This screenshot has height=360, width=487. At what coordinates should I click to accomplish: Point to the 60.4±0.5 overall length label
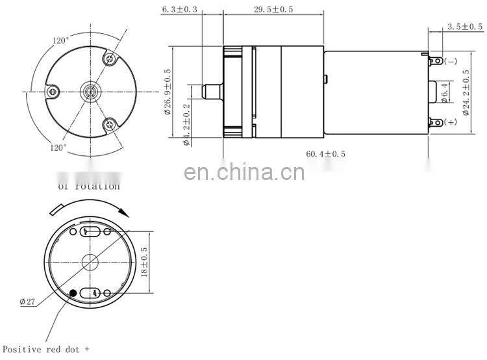tap(326, 154)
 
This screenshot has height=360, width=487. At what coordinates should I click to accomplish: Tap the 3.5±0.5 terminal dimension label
tap(465, 27)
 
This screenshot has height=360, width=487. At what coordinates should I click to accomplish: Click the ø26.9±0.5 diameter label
tap(168, 92)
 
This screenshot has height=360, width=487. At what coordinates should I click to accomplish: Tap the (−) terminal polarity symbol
tap(451, 61)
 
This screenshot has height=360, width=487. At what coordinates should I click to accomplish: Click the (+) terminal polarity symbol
tap(451, 122)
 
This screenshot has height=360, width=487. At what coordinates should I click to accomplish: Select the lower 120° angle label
tap(58, 148)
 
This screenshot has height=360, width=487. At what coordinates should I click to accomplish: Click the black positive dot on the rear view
tap(73, 293)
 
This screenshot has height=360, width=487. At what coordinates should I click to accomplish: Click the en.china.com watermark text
tap(243, 173)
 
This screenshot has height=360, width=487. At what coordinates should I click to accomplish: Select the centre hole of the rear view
tap(90, 262)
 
